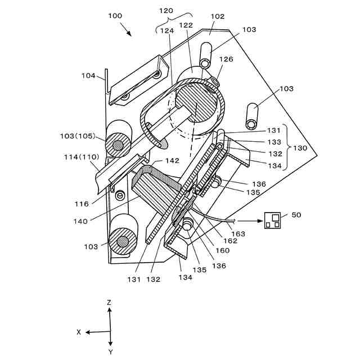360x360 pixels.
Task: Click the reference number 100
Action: click(115, 16)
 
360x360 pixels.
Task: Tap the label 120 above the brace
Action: click(166, 11)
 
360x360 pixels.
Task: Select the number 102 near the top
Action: click(218, 16)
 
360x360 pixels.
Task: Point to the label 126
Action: click(226, 59)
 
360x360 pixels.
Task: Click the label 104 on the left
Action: click(89, 75)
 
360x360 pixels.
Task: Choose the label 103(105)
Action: click(78, 136)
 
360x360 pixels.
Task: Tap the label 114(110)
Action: click(82, 157)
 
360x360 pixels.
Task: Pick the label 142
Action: click(173, 160)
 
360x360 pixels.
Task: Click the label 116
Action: click(82, 204)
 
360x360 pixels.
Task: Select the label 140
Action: click(80, 221)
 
